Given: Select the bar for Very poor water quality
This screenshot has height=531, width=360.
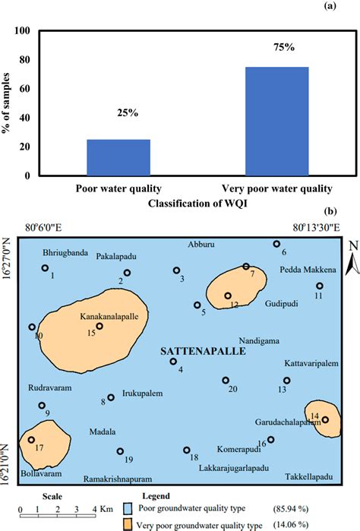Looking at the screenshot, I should click(x=255, y=122).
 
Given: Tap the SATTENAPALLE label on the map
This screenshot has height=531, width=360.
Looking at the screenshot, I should click(x=193, y=353).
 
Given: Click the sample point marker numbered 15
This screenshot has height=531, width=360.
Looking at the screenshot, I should click(x=99, y=326).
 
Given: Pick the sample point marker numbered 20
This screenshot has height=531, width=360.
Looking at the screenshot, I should click(x=226, y=380).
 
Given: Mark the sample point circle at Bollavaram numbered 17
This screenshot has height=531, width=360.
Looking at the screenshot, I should click(x=31, y=439).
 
